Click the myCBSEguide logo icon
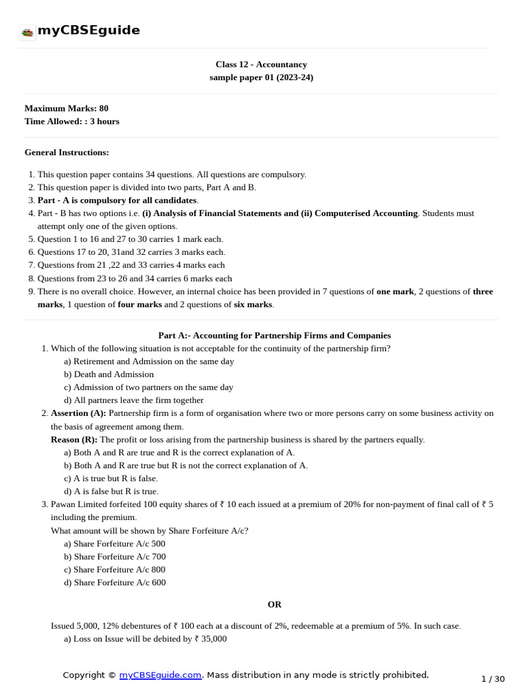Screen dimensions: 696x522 pos(27,31)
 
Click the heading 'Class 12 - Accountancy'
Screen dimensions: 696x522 pos(261,65)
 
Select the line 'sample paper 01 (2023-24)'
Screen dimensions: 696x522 pos(261,77)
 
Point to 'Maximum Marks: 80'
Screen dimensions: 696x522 pos(66,108)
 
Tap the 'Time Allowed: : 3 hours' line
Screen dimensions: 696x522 pos(71,121)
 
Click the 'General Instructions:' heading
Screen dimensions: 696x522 pos(67,152)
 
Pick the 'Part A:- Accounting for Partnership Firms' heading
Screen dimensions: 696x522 pos(274,335)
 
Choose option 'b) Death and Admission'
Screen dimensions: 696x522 pos(109,374)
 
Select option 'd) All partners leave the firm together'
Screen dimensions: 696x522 pos(133,400)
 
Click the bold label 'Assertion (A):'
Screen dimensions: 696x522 pos(78,413)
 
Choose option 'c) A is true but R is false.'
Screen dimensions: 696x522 pos(111,478)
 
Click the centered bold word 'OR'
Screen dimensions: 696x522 pos(274,604)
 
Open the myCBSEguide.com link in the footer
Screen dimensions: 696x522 pos(160,675)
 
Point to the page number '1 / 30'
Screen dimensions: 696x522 pos(493,679)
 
